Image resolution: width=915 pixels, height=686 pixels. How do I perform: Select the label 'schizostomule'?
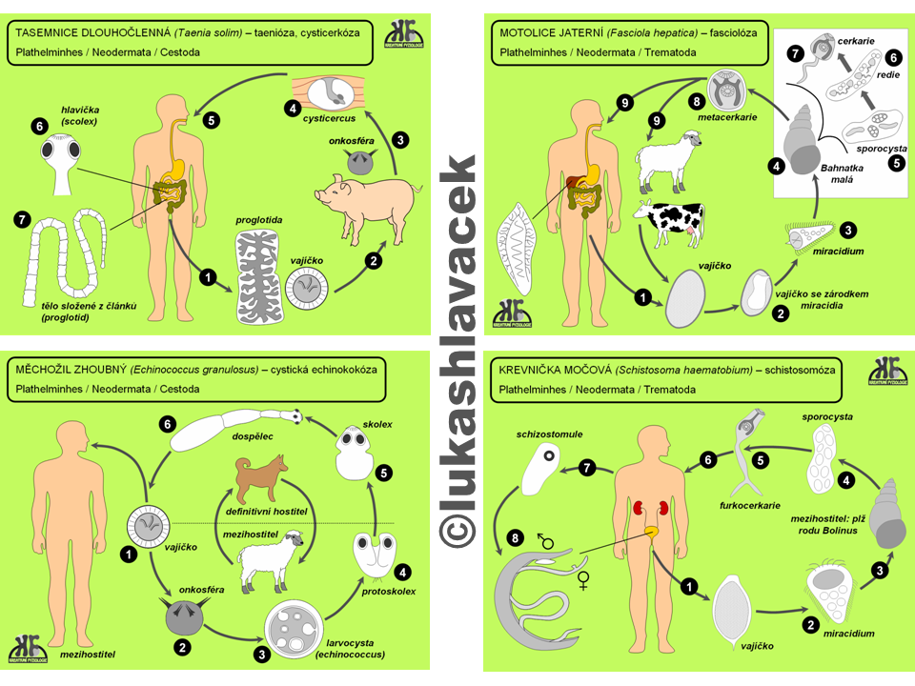(549, 434)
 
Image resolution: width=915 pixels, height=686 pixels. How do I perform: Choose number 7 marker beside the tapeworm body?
(23, 220)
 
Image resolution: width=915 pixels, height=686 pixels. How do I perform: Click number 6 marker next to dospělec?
(169, 424)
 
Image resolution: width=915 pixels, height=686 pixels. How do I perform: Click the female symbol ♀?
(583, 580)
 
